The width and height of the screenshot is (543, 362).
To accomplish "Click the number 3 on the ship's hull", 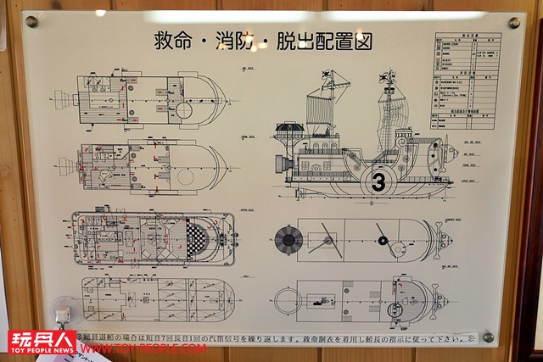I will pyautogui.click(x=379, y=181).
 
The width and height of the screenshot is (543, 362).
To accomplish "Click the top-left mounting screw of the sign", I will pyautogui.click(x=31, y=21).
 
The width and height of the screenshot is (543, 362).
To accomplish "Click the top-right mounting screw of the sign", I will pyautogui.click(x=513, y=22).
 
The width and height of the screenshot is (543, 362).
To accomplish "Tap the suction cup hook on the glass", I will pyautogui.click(x=62, y=309).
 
